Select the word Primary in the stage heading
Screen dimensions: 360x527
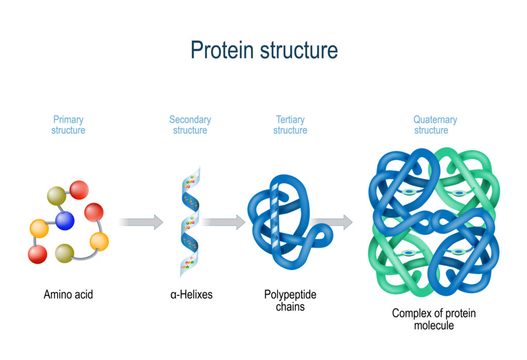pyautogui.click(x=68, y=119)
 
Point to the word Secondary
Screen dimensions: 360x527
pyautogui.click(x=190, y=119)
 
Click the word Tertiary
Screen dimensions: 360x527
pyautogui.click(x=290, y=119)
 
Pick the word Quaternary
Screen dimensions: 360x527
pyautogui.click(x=435, y=119)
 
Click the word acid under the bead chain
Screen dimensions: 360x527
pyautogui.click(x=83, y=295)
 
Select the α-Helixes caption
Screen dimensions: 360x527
pyautogui.click(x=191, y=295)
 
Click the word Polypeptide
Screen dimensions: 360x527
pyautogui.click(x=290, y=295)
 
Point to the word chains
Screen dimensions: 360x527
pyautogui.click(x=290, y=307)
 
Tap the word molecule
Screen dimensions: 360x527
pyautogui.click(x=434, y=326)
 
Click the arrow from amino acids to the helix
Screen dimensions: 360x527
pyautogui.click(x=141, y=222)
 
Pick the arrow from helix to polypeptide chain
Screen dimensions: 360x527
pyautogui.click(x=223, y=222)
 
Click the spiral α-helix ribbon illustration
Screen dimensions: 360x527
pyautogui.click(x=189, y=221)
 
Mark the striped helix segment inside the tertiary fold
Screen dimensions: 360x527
pyautogui.click(x=274, y=216)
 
